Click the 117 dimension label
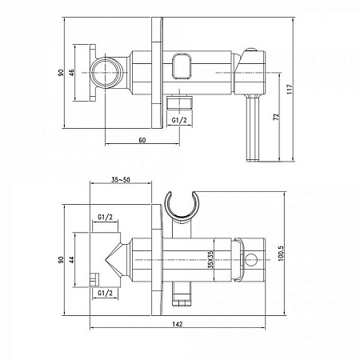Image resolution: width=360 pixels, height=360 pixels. click(x=290, y=90)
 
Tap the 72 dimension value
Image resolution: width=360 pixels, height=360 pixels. click(x=276, y=117)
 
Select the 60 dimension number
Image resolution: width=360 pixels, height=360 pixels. click(x=142, y=140)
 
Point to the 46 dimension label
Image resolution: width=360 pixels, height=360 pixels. click(x=72, y=73)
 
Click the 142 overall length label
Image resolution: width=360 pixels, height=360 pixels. click(x=178, y=324)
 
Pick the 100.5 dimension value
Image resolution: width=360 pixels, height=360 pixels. click(x=281, y=253)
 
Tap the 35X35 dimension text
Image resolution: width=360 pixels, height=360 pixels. click(x=210, y=259)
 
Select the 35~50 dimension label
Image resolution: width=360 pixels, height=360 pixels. click(x=121, y=180)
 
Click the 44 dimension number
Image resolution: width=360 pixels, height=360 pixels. click(x=72, y=260)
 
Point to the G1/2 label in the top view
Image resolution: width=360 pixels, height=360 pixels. click(x=179, y=121)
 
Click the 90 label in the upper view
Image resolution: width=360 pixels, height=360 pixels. click(x=62, y=73)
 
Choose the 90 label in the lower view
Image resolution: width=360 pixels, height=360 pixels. click(x=62, y=260)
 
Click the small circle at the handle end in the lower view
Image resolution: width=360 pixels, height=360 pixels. click(x=251, y=260)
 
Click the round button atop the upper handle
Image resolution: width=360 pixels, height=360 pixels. click(x=250, y=50)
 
